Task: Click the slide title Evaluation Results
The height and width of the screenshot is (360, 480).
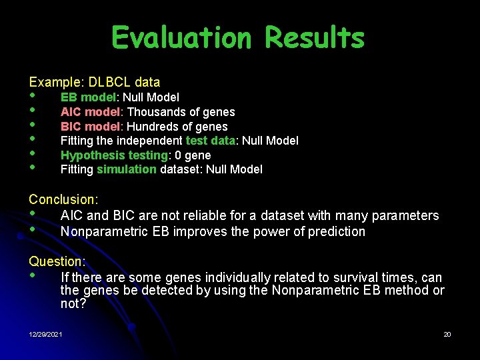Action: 238,38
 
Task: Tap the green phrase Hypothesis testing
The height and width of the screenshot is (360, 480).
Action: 114,155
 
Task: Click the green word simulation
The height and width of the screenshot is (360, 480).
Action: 127,169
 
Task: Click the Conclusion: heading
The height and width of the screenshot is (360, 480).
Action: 63,199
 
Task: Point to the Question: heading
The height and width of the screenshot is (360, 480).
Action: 57,262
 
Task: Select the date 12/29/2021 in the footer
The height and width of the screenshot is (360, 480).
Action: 45,334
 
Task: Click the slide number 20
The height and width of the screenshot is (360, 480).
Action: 447,334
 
